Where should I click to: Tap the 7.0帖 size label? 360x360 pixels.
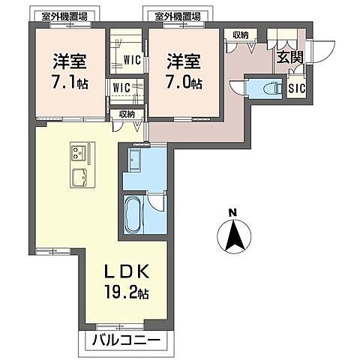point(183,82)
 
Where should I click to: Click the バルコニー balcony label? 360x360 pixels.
point(127,342)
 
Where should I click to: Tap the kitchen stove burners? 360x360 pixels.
point(78,154)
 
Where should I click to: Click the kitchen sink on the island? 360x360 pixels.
point(79,177)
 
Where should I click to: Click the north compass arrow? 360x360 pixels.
point(233,238)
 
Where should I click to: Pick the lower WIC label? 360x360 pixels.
point(121,88)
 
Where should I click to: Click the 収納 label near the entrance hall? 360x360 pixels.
point(240,34)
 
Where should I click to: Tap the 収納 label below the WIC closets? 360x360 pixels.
point(126,114)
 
